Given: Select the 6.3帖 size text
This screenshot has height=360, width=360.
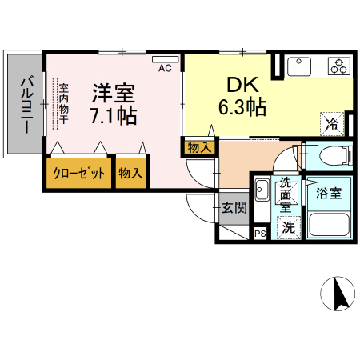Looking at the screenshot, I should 241,108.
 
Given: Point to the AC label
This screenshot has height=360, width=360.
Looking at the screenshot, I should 165,69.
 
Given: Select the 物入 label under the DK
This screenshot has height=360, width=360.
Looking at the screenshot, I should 199,147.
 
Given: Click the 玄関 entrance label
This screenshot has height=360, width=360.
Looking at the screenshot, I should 234,209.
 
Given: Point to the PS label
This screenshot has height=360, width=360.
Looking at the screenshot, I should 260,233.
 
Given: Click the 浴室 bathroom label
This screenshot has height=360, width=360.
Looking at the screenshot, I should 328,194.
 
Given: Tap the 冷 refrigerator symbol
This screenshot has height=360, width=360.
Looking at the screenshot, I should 331,124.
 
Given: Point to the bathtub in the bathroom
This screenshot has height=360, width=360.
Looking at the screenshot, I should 328,225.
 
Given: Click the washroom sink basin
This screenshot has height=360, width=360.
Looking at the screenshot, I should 261,191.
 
